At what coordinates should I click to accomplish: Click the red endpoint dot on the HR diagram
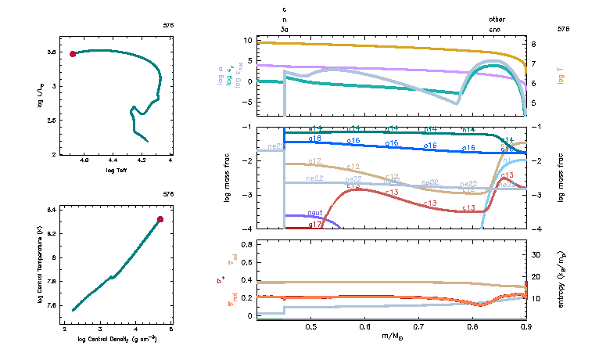[73, 54]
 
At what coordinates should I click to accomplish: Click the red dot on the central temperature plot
[160, 219]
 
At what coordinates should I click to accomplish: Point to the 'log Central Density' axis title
[117, 340]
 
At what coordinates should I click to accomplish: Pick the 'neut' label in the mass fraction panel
[315, 213]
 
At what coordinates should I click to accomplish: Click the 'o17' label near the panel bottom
[315, 225]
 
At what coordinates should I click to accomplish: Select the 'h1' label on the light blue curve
[506, 160]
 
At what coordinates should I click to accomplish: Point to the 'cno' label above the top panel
[496, 28]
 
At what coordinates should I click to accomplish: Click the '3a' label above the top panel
[285, 28]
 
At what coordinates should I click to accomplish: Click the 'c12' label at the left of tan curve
[315, 161]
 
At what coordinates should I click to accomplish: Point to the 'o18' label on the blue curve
[315, 139]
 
